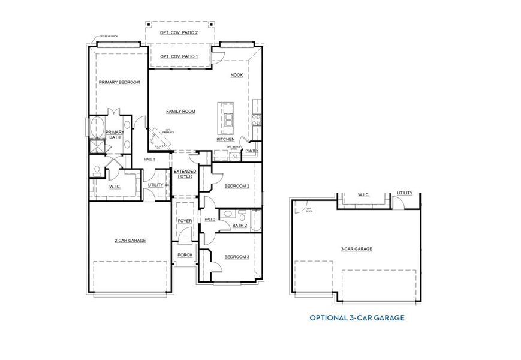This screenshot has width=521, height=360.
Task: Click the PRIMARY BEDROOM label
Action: click(x=119, y=82)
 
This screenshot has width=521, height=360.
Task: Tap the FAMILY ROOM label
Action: click(x=180, y=112)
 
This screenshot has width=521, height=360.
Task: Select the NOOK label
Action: click(x=236, y=76)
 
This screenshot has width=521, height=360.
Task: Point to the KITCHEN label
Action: click(x=225, y=140)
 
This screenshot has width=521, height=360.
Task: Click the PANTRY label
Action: click(x=252, y=151)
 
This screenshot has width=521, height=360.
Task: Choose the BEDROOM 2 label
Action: click(x=236, y=186)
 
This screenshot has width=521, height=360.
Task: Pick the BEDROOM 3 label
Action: click(x=236, y=257)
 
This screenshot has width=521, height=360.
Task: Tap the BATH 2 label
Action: click(x=239, y=226)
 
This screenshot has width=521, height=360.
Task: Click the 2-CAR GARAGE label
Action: click(x=130, y=240)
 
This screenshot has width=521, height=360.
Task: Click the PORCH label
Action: click(x=184, y=255)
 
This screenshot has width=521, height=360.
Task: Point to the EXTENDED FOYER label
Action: click(x=185, y=174)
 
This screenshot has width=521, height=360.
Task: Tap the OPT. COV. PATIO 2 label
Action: click(x=179, y=32)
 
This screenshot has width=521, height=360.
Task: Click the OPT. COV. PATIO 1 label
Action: click(x=179, y=56)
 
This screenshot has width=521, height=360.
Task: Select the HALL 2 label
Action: click(x=210, y=220)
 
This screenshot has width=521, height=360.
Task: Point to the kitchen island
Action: click(x=228, y=117)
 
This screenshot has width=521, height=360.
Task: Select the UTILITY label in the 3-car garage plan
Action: click(x=405, y=193)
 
